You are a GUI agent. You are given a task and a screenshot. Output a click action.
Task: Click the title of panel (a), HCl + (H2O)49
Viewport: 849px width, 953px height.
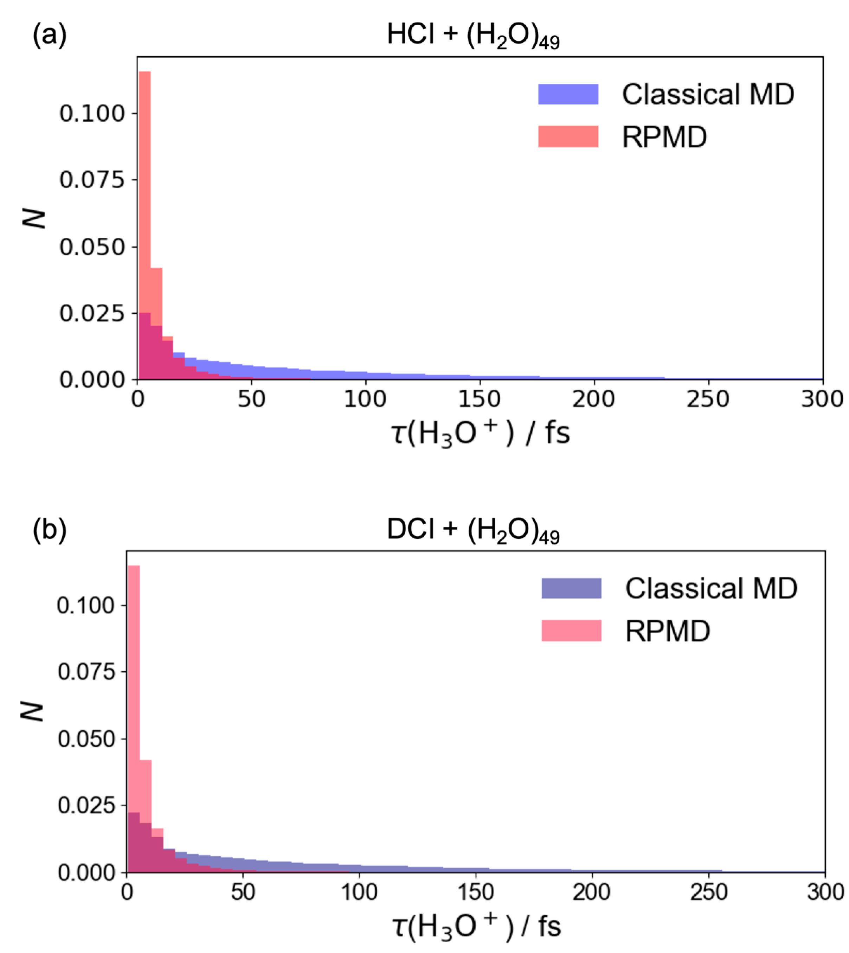click(473, 36)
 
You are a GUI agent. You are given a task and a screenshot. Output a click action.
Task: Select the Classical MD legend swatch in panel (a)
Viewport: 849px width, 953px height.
click(568, 94)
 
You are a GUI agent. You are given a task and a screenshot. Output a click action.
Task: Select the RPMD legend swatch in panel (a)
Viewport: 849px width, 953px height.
click(568, 137)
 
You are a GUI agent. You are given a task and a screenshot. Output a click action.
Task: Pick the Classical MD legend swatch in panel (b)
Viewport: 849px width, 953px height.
click(571, 589)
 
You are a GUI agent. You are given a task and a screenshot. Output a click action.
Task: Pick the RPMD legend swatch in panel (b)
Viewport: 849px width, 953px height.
click(571, 631)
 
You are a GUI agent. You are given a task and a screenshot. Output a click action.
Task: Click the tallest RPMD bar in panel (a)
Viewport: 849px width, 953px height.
click(144, 224)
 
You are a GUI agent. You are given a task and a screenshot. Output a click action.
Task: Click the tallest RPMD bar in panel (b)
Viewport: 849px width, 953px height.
click(134, 719)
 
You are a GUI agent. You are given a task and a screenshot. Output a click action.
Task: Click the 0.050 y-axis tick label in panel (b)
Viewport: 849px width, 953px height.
click(86, 739)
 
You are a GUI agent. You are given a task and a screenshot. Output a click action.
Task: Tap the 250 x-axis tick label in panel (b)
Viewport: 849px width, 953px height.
click(708, 893)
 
